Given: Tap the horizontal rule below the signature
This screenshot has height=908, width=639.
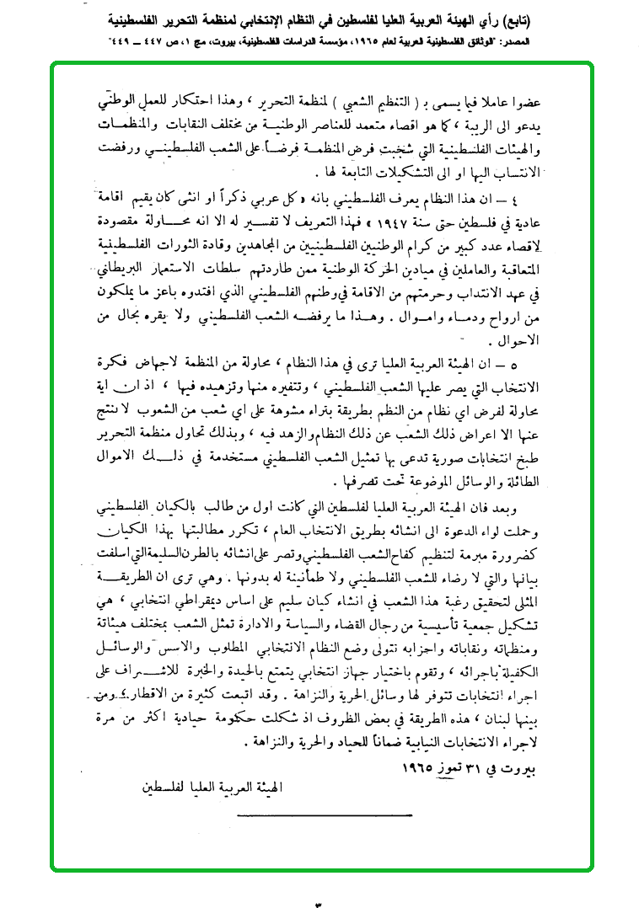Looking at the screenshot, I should coord(324,815).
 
